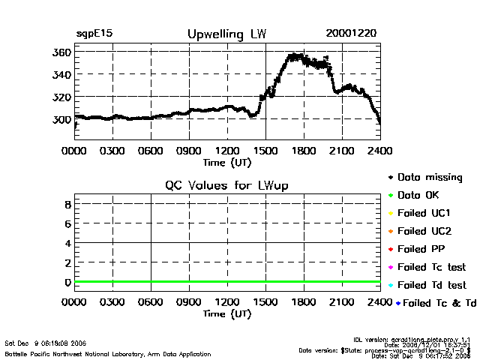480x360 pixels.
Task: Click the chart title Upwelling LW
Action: [x=227, y=34]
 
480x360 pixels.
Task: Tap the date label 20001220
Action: [x=352, y=34]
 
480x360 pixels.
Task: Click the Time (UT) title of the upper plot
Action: [x=227, y=161]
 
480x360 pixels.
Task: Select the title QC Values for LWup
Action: [x=227, y=185]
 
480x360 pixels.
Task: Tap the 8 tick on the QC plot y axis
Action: [x=67, y=204]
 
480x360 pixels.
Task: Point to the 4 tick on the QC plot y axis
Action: [x=67, y=243]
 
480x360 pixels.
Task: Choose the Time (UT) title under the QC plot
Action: [x=227, y=313]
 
